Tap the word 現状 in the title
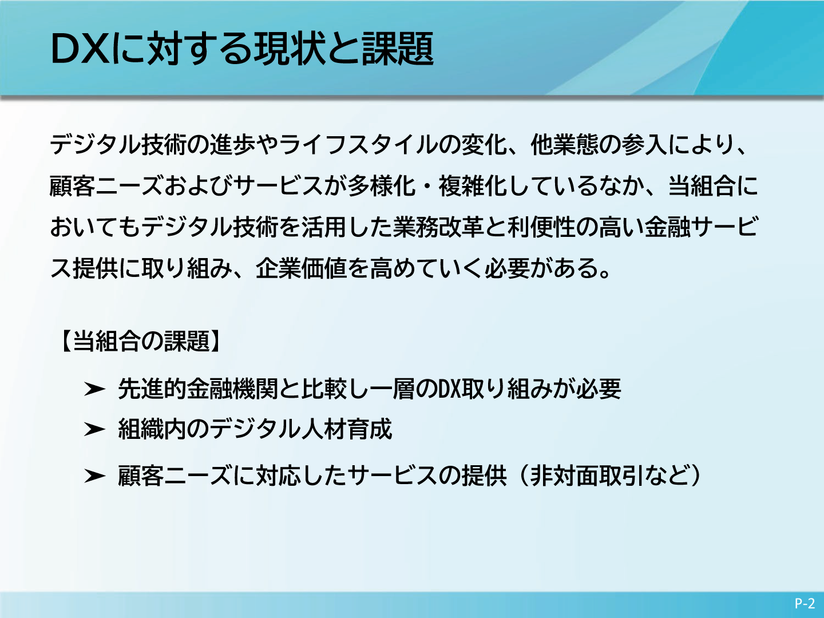[x=288, y=49]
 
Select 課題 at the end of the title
[x=398, y=49]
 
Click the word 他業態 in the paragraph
[x=565, y=145]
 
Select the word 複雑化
[x=473, y=186]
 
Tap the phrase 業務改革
[x=438, y=227]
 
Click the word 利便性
[x=542, y=227]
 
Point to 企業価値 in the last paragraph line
[x=301, y=268]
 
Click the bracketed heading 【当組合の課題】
[x=141, y=341]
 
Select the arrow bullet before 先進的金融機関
[x=94, y=389]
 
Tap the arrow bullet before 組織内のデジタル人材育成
[x=94, y=429]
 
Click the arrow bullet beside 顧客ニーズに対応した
[x=94, y=476]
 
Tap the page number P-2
[x=805, y=603]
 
